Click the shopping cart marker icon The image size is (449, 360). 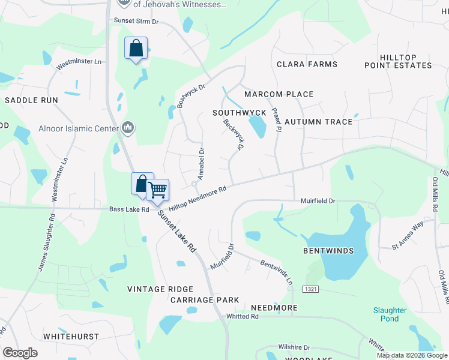158,190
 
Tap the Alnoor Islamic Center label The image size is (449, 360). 78,128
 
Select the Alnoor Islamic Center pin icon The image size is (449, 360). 127,127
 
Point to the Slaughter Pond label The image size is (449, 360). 389,314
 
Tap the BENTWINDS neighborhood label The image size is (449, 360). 328,250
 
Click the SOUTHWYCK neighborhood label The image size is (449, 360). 239,113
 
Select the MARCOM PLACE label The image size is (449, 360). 279,94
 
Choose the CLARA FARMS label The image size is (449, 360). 307,64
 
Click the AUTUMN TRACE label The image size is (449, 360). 318,122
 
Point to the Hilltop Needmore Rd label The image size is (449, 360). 197,198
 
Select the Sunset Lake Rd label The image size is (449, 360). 177,230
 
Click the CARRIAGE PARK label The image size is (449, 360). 205,300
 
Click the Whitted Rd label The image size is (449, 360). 241,316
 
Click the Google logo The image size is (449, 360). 20,353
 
